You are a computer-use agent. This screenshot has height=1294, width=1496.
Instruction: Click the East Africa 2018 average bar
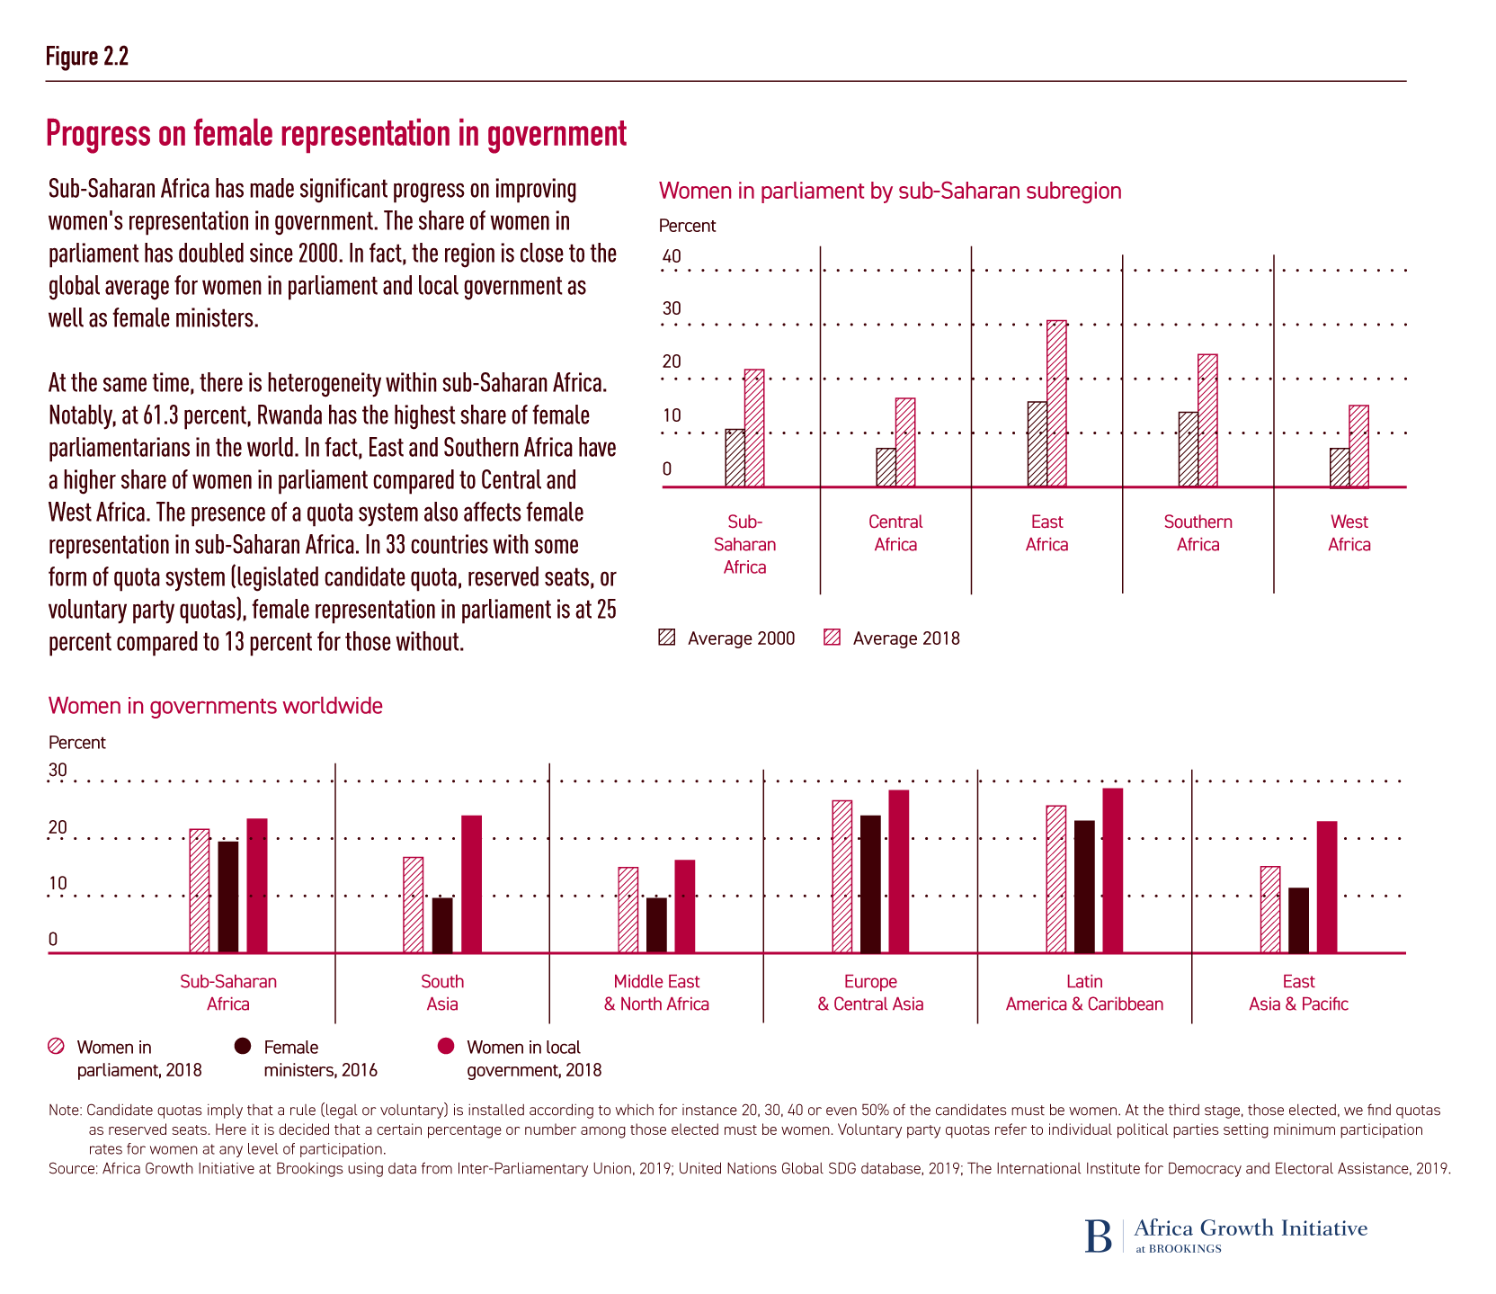click(1057, 404)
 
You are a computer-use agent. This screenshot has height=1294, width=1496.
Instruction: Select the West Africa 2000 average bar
click(1340, 468)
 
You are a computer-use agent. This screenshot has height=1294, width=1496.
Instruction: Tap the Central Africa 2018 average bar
click(905, 442)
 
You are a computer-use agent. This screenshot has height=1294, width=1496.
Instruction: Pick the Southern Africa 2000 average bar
click(1188, 450)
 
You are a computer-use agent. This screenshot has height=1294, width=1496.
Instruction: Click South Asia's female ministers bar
click(442, 925)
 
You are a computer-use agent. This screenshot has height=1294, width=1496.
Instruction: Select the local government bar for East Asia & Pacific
click(1327, 887)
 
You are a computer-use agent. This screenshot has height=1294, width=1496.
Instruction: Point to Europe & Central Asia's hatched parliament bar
click(842, 876)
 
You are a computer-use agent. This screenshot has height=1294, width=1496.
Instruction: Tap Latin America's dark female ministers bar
click(1084, 887)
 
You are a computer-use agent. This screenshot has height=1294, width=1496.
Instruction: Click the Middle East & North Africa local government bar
click(685, 906)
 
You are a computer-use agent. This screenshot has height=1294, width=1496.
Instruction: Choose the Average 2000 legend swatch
click(667, 638)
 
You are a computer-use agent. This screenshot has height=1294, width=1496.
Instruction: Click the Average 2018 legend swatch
click(833, 638)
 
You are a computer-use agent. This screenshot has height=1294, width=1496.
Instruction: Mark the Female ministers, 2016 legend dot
click(243, 1046)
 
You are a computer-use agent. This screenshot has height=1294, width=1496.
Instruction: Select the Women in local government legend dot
click(445, 1046)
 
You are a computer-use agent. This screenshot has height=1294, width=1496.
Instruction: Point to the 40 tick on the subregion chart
click(672, 256)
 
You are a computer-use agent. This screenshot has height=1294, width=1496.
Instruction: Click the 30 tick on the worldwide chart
click(58, 770)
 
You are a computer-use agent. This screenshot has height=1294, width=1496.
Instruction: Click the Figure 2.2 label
click(87, 57)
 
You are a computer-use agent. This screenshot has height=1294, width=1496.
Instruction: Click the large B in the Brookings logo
click(1098, 1236)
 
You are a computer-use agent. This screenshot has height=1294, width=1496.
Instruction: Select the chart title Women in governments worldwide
click(216, 706)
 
